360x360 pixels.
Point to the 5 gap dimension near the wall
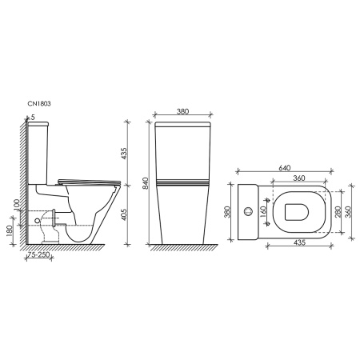point(32,118)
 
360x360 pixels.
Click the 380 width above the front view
point(182,113)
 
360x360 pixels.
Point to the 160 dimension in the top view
point(264,212)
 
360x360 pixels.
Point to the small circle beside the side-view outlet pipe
point(41,216)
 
